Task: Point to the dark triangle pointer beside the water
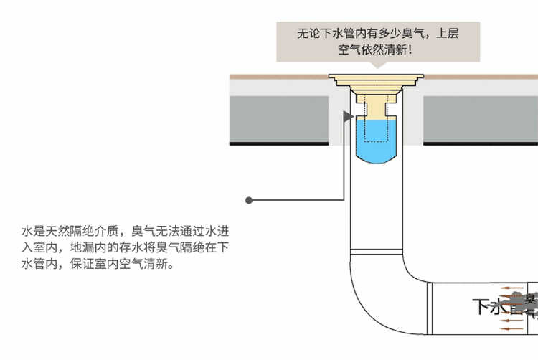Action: click(x=349, y=116)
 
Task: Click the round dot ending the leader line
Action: click(x=249, y=200)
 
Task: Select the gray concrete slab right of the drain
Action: click(x=481, y=118)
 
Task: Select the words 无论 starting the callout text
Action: click(x=306, y=33)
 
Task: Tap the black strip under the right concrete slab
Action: click(x=481, y=143)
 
